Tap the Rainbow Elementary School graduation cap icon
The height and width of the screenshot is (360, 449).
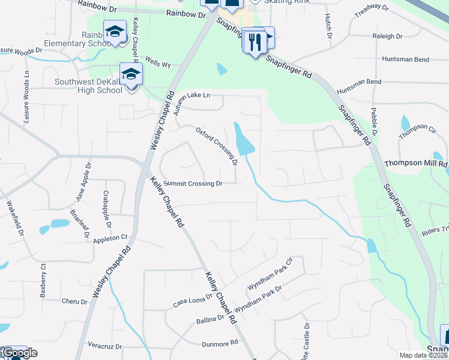click(114, 31)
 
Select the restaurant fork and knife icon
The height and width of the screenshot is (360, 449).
click(255, 41)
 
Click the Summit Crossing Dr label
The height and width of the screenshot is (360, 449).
click(193, 184)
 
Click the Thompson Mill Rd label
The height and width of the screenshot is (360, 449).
click(416, 163)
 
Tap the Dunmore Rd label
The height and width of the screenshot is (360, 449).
click(220, 343)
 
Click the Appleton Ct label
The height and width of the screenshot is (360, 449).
click(111, 239)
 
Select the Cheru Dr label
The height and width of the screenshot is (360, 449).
click(74, 301)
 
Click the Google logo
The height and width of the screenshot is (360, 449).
click(19, 353)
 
